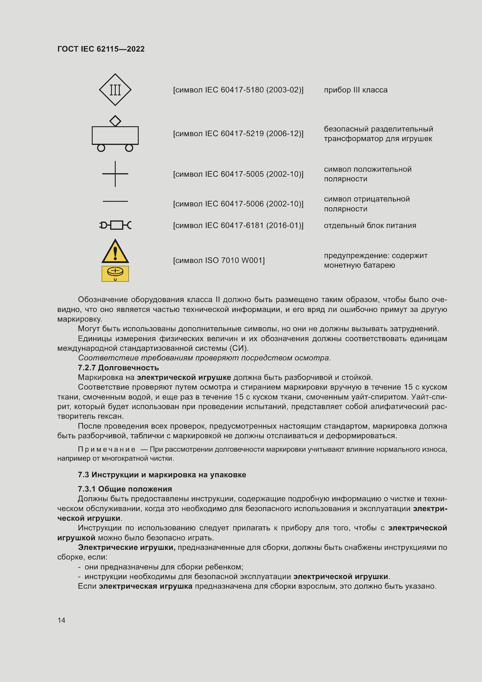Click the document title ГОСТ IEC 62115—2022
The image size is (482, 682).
[x=101, y=49]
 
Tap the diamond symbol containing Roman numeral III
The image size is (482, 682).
[x=115, y=90]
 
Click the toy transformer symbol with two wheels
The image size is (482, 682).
[x=115, y=136]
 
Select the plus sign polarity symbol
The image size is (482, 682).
[x=115, y=174]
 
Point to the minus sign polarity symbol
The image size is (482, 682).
[x=115, y=201]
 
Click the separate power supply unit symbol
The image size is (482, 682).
[x=115, y=225]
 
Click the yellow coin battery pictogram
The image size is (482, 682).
[x=115, y=273]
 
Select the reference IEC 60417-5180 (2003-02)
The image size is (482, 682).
[x=238, y=90]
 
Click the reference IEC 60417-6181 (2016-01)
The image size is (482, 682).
[x=238, y=225]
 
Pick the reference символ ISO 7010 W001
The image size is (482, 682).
[x=219, y=260]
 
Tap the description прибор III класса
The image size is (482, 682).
[x=356, y=90]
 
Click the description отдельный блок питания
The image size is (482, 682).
[x=370, y=225]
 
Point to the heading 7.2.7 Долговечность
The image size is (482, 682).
[x=118, y=368]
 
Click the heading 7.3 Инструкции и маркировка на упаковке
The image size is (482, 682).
[x=162, y=475]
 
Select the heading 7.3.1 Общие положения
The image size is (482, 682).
[x=125, y=489]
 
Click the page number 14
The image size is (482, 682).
[x=61, y=620]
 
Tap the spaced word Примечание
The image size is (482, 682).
[x=107, y=449]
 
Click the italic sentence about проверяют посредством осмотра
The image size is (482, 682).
[x=204, y=358]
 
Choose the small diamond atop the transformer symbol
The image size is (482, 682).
[x=115, y=121]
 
